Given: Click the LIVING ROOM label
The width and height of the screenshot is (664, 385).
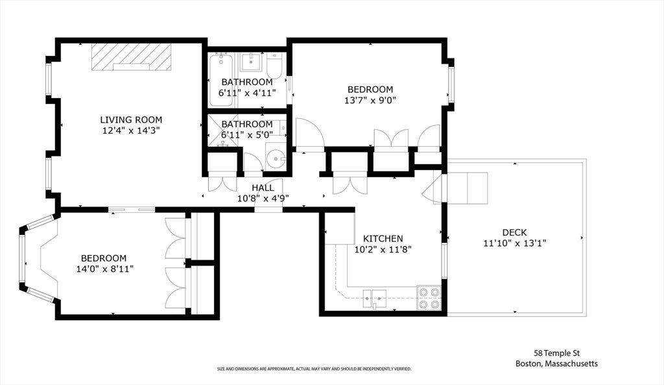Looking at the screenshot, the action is tap(131, 120).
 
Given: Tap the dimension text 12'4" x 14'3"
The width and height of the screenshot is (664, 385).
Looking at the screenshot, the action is tap(131, 130).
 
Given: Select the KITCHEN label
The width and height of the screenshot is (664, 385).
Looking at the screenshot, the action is tap(383, 239).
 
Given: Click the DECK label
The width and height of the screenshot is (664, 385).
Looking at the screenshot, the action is tap(514, 232).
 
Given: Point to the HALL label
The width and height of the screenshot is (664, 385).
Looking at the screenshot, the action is tap(263, 188).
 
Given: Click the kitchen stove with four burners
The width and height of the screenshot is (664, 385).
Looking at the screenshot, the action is tap(429, 298).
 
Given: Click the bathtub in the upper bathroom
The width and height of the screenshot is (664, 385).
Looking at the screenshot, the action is tap(221, 80).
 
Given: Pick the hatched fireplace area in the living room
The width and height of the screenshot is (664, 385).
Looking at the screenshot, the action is tap(131, 56).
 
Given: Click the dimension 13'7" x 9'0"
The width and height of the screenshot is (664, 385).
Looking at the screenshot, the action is tap(370, 101).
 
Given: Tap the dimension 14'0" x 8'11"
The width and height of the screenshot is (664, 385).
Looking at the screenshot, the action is tap(105, 269).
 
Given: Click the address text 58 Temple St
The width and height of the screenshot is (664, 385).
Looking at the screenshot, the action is tap(556, 353).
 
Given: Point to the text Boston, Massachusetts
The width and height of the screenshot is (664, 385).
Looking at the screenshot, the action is tap(556, 364).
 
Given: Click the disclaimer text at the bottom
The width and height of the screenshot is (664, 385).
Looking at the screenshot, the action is tap(314, 369).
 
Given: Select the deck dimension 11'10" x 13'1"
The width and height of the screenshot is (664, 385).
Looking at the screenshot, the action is tap(514, 243).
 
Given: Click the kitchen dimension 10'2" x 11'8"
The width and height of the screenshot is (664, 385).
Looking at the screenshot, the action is tap(383, 249).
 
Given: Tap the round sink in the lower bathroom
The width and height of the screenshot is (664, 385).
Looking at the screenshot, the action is tap(276, 160).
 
